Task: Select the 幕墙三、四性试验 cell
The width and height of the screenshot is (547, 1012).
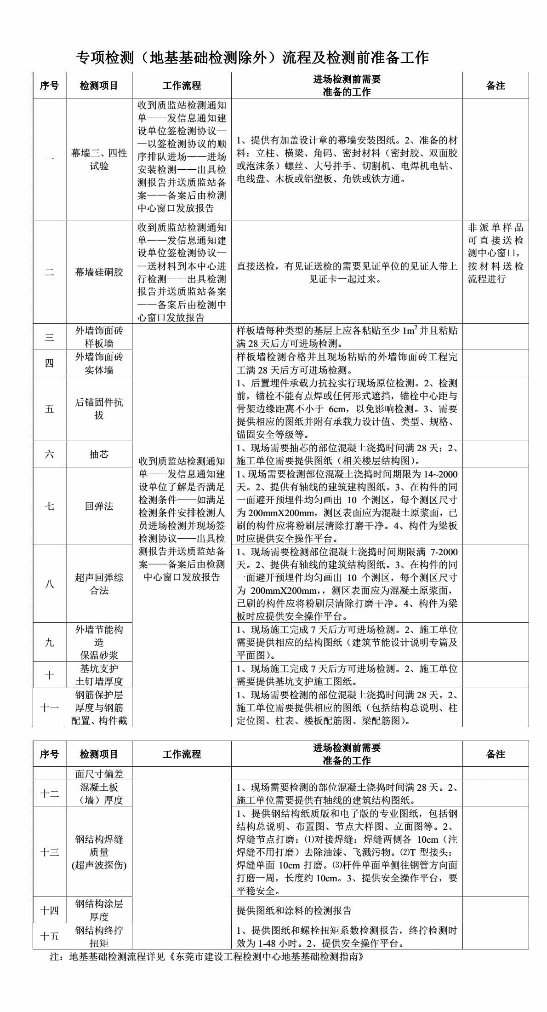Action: (x=99, y=159)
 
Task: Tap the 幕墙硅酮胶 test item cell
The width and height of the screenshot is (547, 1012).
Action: (x=99, y=272)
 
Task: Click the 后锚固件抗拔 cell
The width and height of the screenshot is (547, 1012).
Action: (x=99, y=408)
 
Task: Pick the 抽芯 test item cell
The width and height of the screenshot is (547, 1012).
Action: (x=99, y=454)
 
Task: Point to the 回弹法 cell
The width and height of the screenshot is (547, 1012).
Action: (x=99, y=506)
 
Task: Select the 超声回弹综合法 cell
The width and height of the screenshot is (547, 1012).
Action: (x=99, y=584)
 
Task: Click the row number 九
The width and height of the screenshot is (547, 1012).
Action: (x=49, y=642)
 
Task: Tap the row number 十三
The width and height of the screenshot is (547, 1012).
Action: (x=49, y=852)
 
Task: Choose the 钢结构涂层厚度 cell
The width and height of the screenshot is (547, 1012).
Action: (x=99, y=910)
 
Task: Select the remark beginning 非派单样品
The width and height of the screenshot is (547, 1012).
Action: (x=496, y=253)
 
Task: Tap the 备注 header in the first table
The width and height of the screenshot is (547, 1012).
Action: (x=496, y=86)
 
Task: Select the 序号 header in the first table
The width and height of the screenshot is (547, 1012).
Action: (x=49, y=86)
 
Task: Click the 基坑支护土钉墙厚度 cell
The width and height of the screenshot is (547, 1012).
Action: (x=99, y=675)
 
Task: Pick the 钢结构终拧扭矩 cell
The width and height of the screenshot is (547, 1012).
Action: (x=99, y=936)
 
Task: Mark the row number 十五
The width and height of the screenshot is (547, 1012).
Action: (x=49, y=936)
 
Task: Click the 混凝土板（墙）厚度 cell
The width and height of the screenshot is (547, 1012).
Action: (x=99, y=793)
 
